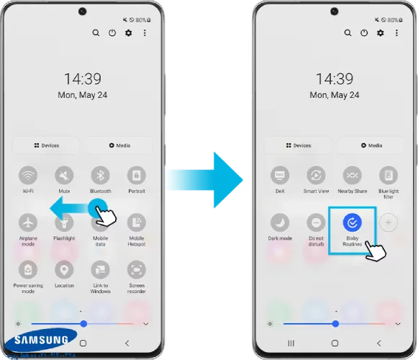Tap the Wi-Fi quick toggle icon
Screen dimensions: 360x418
[29, 175]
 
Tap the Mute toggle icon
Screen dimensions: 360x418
[65, 175]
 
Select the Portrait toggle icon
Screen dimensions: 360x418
[137, 175]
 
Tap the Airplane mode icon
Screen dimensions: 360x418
[29, 222]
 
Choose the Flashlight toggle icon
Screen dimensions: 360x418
[65, 222]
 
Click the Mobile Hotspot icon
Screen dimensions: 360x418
[137, 222]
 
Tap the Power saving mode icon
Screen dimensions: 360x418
[29, 270]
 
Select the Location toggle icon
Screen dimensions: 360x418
[65, 270]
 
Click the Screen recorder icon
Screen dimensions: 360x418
[137, 270]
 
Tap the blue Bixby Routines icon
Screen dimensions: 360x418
[352, 222]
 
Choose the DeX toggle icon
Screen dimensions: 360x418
[280, 175]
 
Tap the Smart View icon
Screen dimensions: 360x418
[316, 175]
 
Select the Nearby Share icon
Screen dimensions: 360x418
[352, 175]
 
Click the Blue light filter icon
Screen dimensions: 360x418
[388, 175]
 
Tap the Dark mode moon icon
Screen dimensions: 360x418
[280, 222]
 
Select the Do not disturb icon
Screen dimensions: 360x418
[316, 222]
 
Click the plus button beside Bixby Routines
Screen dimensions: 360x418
[388, 222]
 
